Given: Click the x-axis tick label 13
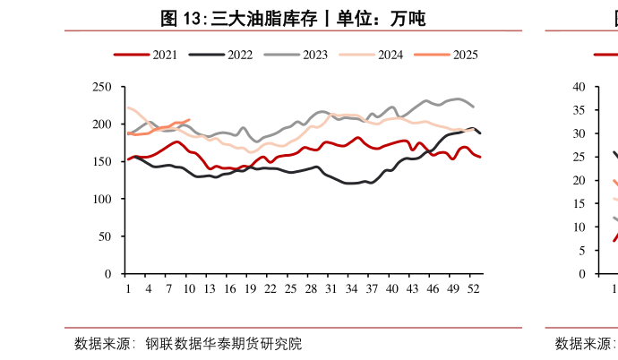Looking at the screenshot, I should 210,288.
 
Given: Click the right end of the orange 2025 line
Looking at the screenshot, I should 189,119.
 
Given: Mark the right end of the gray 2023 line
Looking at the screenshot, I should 474,107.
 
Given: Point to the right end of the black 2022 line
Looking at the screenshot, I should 480,133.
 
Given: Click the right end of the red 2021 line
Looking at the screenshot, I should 480,157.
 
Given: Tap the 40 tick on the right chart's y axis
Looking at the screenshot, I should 579,87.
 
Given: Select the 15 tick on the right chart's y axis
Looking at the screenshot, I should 579,203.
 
